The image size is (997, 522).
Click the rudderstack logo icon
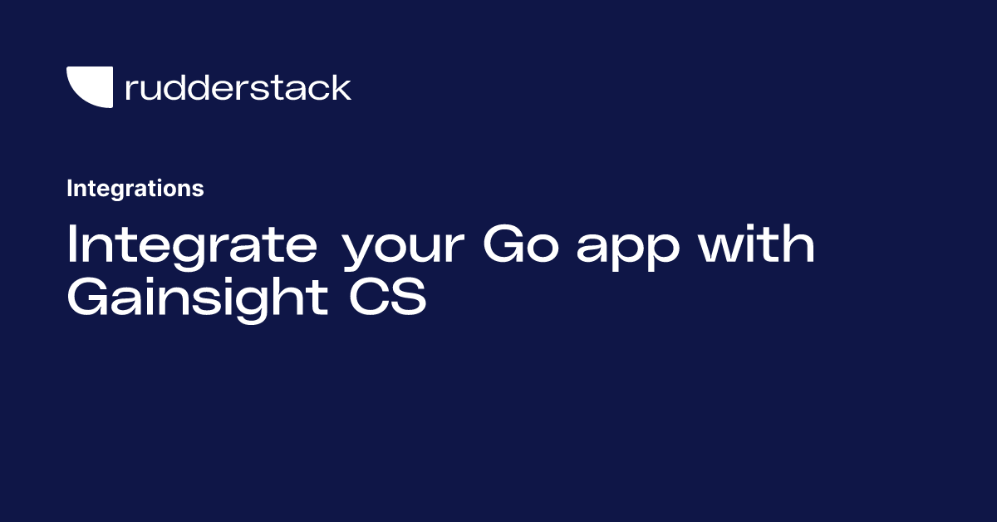[x=90, y=87]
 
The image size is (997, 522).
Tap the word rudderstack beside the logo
[x=238, y=87]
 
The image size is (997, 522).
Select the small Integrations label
[x=135, y=189]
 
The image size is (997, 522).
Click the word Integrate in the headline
[x=192, y=245]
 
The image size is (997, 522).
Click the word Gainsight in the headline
[x=198, y=298]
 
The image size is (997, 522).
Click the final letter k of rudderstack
[x=342, y=87]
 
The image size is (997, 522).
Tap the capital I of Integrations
[x=70, y=189]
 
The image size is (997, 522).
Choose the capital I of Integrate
[x=72, y=245]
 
